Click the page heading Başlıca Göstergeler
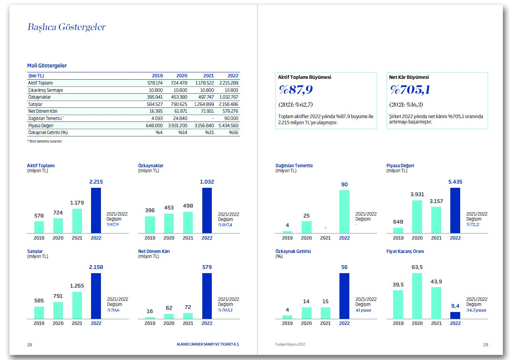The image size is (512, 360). tap(67, 27)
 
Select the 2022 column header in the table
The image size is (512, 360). tap(233, 76)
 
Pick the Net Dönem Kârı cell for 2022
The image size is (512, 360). tap(229, 111)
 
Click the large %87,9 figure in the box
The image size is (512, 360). tap(296, 90)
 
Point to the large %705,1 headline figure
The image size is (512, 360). tap(410, 90)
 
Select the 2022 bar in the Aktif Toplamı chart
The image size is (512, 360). tap(96, 210)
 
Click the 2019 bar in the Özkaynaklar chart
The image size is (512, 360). tap(150, 225)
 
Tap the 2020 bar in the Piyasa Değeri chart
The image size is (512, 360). tap(417, 216)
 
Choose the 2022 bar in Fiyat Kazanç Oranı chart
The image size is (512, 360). tap(455, 315)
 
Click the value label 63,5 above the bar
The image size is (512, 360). tap(417, 267)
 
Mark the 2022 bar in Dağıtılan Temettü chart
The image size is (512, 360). tap(344, 211)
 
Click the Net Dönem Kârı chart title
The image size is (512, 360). tap(154, 251)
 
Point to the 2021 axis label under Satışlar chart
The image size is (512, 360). tap(77, 323)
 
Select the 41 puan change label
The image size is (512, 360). tap(363, 310)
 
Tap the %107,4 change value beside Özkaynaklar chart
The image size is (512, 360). tap(225, 225)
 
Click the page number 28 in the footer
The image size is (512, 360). tap(29, 345)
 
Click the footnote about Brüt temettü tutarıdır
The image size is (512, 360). tap(45, 141)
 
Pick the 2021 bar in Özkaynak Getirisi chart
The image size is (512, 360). tap(325, 313)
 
